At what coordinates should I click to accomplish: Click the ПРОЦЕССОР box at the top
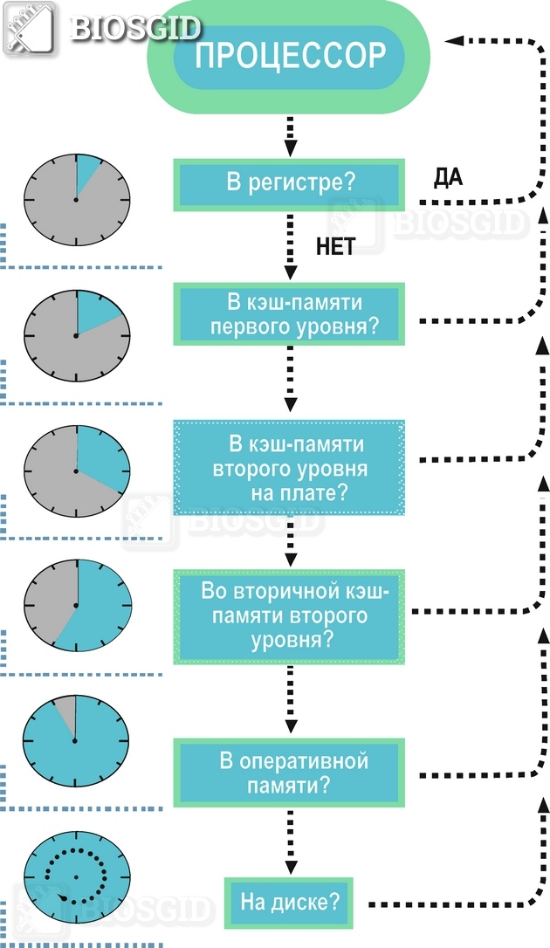pyautogui.click(x=289, y=56)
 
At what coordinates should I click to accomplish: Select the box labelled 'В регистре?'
pyautogui.click(x=290, y=184)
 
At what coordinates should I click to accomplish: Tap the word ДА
pyautogui.click(x=448, y=178)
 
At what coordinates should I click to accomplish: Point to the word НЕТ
pyautogui.click(x=335, y=247)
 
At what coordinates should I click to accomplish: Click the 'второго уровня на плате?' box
pyautogui.click(x=290, y=468)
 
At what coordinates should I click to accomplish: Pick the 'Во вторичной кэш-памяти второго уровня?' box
pyautogui.click(x=290, y=615)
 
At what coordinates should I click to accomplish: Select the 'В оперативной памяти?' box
pyautogui.click(x=290, y=772)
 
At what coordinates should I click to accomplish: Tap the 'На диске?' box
pyautogui.click(x=290, y=902)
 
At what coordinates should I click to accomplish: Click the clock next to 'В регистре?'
pyautogui.click(x=76, y=200)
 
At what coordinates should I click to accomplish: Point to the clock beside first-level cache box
pyautogui.click(x=76, y=335)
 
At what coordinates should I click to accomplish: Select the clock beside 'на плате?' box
pyautogui.click(x=76, y=471)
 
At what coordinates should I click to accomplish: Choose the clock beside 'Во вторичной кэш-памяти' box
pyautogui.click(x=76, y=605)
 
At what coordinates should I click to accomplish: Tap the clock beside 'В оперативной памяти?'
pyautogui.click(x=76, y=741)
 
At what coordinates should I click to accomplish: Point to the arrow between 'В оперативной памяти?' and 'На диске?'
pyautogui.click(x=289, y=842)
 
